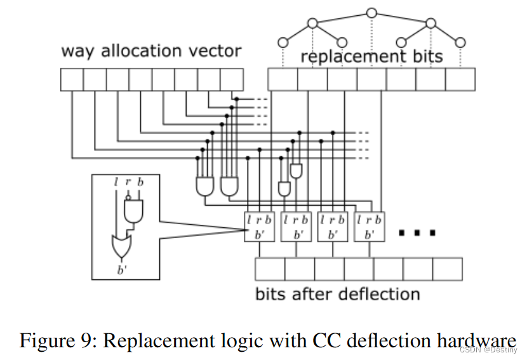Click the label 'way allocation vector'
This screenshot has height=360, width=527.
click(151, 51)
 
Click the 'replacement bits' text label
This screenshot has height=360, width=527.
click(371, 57)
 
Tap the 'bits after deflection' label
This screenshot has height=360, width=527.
click(337, 295)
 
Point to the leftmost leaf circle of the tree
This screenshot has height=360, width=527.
click(283, 42)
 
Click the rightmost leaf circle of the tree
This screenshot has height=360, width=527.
click(461, 42)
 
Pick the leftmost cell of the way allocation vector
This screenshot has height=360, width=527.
click(72, 80)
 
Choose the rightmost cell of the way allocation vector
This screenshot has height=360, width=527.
click(231, 80)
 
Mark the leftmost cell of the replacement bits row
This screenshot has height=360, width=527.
click(283, 80)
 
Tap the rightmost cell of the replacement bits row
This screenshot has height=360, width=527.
click(460, 80)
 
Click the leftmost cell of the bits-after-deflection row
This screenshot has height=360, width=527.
click(270, 269)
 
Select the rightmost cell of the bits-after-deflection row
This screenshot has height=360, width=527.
click(448, 269)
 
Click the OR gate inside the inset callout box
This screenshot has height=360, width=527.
click(121, 244)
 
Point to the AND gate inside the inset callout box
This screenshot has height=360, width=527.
click(134, 210)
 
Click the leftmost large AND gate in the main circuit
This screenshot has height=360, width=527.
click(205, 185)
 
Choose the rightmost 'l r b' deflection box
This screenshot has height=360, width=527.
click(370, 226)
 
